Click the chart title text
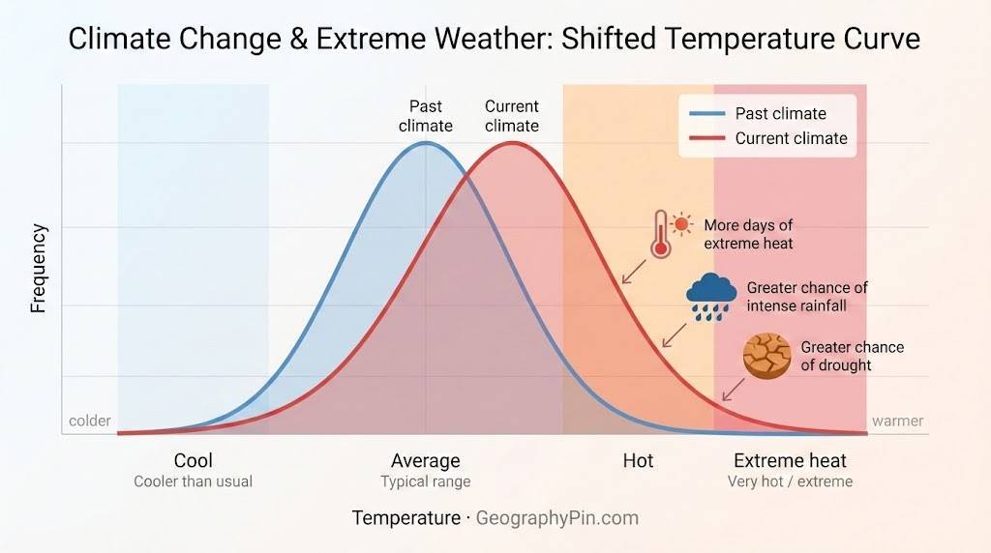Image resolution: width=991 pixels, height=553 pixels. pyautogui.click(x=495, y=39)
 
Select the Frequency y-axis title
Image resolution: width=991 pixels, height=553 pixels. pyautogui.click(x=39, y=269)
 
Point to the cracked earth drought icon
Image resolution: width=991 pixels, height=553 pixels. pyautogui.click(x=766, y=356)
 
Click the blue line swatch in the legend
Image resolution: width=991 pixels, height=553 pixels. pyautogui.click(x=706, y=114)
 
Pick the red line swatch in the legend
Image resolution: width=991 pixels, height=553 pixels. pyautogui.click(x=706, y=138)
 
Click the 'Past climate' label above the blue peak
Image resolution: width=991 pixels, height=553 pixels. pyautogui.click(x=426, y=116)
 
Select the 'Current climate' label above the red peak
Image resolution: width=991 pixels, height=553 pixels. pyautogui.click(x=512, y=116)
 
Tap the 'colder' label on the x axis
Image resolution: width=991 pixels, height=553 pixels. pyautogui.click(x=90, y=421)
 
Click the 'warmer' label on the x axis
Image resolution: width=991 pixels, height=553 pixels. pyautogui.click(x=897, y=421)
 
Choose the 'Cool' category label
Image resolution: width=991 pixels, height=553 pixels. pyautogui.click(x=193, y=460)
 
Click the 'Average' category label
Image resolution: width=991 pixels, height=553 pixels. pyautogui.click(x=425, y=460)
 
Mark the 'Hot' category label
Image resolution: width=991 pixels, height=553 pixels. pyautogui.click(x=638, y=460)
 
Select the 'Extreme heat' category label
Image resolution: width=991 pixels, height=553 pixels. pyautogui.click(x=790, y=460)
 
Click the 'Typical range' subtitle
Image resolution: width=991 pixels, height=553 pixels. pyautogui.click(x=425, y=481)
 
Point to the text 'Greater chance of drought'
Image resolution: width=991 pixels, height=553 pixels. pyautogui.click(x=852, y=356)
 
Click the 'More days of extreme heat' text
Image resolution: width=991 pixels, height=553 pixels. pyautogui.click(x=748, y=234)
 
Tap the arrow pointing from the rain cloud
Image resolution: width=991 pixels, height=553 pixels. pyautogui.click(x=673, y=335)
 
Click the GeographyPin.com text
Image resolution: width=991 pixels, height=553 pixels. pyautogui.click(x=557, y=518)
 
